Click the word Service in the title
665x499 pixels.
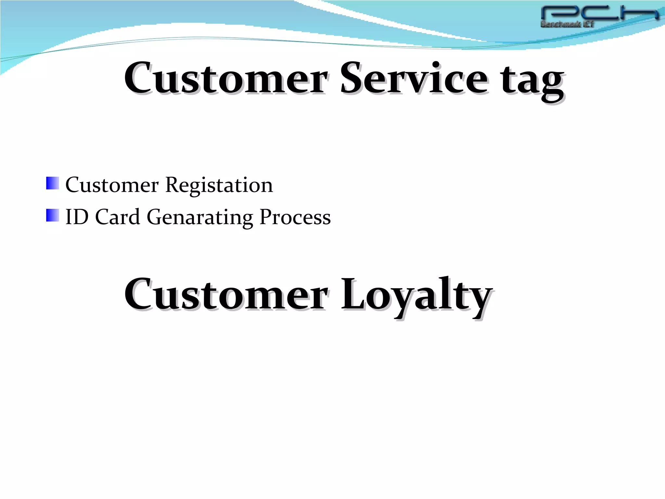coord(413,79)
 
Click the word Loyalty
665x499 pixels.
coord(416,296)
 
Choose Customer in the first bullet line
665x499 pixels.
coord(112,185)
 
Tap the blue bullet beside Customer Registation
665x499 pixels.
coord(53,183)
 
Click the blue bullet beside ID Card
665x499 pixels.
coord(53,215)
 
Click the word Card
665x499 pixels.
coord(117,217)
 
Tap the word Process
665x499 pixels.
coord(295,217)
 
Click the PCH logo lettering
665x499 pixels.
coord(599,14)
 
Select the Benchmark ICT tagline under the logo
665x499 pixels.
coord(567,24)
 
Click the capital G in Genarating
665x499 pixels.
coord(156,217)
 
